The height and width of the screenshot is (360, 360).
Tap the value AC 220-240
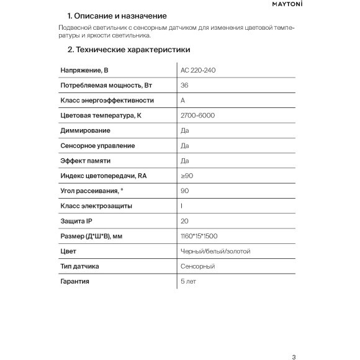[x=197, y=70]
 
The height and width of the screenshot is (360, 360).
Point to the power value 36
[x=184, y=85]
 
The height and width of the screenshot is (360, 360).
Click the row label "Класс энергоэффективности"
[x=107, y=101]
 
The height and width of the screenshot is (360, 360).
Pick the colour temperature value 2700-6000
[x=197, y=115]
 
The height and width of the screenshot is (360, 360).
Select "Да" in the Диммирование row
[x=184, y=130]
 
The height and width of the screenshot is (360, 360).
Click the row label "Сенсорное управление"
[x=97, y=146]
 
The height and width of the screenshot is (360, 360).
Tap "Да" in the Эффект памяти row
[x=184, y=161]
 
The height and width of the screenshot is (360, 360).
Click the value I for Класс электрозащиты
[x=181, y=206]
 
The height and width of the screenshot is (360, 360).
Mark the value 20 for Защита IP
[x=184, y=221]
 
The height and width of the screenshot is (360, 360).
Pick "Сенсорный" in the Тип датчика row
[x=197, y=266]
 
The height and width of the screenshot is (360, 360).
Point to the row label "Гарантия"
[x=75, y=282]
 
